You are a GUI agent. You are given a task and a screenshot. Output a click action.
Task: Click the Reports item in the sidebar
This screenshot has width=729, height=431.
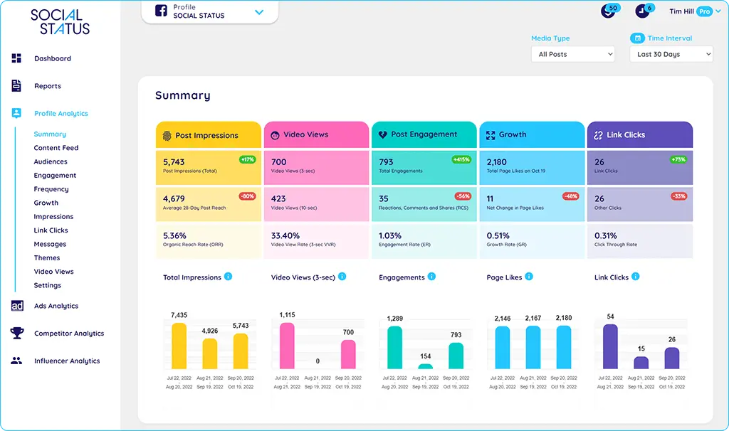coord(47,86)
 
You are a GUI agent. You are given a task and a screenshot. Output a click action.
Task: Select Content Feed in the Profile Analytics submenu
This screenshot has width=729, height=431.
coord(56,148)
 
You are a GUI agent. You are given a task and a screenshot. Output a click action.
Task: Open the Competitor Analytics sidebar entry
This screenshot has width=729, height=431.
coord(68,334)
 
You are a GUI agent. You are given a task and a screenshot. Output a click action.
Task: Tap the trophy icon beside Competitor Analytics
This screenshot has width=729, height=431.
coord(17,333)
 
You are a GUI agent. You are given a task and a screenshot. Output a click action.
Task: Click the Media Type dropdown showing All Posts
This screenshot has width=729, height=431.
coord(572,54)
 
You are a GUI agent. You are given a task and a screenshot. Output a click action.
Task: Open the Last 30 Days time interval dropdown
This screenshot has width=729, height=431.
coord(671,54)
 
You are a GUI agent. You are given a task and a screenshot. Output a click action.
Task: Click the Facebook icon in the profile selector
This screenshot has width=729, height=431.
coord(161,11)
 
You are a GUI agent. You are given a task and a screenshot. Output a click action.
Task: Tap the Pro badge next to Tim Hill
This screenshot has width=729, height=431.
coord(704,11)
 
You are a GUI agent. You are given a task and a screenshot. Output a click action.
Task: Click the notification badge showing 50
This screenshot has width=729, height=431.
coord(612,8)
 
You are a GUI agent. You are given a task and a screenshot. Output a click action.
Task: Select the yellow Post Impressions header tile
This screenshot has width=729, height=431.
coord(208,135)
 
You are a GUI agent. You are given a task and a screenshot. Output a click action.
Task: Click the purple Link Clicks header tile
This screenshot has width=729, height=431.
coord(639,135)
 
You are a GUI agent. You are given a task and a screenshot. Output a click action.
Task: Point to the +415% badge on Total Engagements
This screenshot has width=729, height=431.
coord(461,159)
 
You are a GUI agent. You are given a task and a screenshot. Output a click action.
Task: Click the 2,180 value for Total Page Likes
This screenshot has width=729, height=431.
coord(496,162)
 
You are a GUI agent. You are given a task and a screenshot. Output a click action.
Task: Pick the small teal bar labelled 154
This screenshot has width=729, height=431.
coord(425,366)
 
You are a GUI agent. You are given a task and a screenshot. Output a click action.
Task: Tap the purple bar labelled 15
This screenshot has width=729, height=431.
coord(641,363)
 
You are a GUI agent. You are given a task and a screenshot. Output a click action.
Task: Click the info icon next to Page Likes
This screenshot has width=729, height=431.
coord(529,277)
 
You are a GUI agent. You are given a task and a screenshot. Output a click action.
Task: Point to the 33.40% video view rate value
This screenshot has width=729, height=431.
coord(285,235)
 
